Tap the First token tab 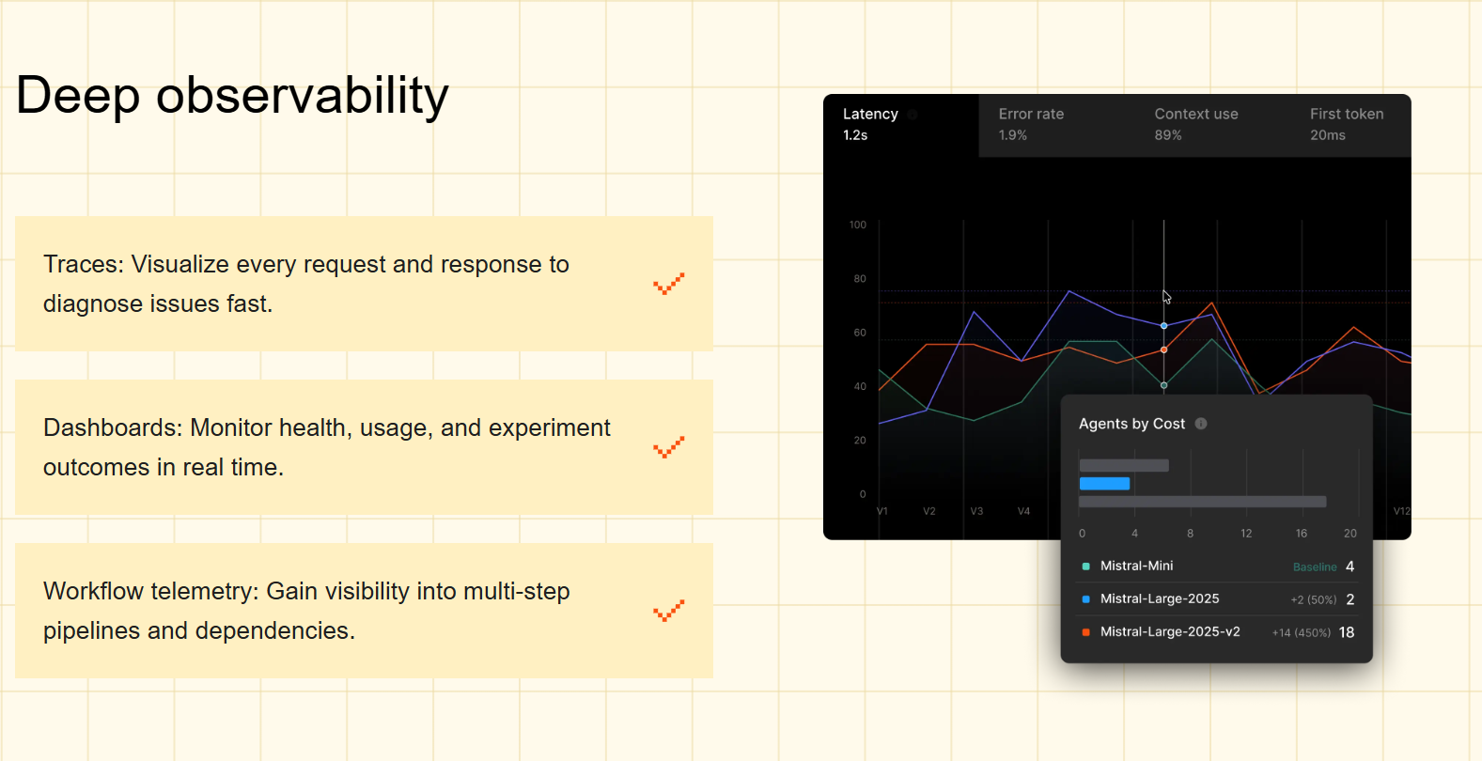1347,125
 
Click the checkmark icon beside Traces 668,284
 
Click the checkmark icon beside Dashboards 668,447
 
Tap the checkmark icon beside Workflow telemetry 668,611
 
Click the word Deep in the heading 78,96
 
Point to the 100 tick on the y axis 857,225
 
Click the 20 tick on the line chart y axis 859,440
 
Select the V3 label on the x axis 976,511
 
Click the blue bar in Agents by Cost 1104,484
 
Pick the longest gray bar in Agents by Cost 1202,502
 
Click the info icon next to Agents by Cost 1201,424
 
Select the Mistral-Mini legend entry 1136,566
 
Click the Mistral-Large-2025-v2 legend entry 1169,631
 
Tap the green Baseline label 1314,567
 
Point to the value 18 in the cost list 1346,632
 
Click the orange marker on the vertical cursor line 1163,349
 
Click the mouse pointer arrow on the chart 1166,297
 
